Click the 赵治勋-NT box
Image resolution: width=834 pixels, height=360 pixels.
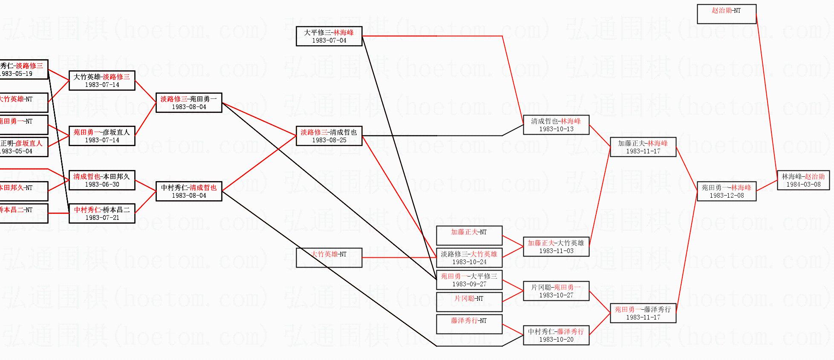(x=726, y=14)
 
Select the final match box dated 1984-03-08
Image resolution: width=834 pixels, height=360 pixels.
(x=803, y=180)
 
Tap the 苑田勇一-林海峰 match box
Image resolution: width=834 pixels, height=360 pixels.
(x=726, y=191)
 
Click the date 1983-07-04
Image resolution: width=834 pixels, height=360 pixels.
(x=329, y=40)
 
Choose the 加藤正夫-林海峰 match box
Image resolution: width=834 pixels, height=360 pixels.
(x=643, y=147)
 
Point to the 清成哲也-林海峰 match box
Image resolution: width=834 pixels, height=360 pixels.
(x=556, y=125)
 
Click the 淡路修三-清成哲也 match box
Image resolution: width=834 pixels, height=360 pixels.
(x=329, y=136)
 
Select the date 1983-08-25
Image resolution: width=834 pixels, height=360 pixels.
(x=329, y=140)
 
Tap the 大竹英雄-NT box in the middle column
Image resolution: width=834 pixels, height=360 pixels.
(x=329, y=258)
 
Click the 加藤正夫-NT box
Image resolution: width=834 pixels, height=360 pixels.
(x=469, y=236)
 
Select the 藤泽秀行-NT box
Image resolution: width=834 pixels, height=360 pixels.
(x=469, y=324)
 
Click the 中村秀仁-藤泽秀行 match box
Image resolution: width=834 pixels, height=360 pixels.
(x=556, y=335)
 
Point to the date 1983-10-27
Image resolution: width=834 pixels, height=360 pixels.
(x=556, y=295)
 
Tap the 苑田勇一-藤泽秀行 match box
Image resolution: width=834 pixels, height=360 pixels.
(x=643, y=313)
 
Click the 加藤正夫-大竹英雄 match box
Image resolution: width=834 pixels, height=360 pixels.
(x=556, y=247)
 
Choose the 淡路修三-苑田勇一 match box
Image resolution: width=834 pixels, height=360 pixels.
(x=188, y=103)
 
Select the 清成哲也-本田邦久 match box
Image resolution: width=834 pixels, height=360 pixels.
(x=101, y=180)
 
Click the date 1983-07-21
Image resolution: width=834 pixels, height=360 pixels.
(x=102, y=218)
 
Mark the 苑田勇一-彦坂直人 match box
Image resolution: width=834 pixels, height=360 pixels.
(x=101, y=136)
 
